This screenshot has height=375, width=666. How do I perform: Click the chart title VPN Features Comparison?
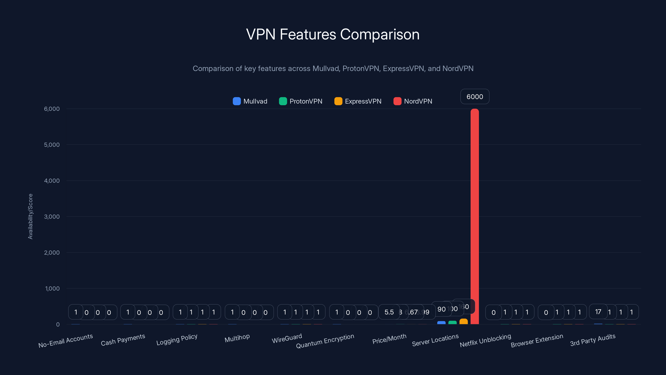[x=333, y=34]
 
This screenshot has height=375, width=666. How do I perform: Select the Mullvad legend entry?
[x=250, y=101]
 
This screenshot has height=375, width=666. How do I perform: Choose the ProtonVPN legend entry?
[x=301, y=101]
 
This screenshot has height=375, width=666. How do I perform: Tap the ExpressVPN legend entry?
[x=358, y=101]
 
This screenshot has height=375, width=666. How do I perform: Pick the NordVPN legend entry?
[x=413, y=101]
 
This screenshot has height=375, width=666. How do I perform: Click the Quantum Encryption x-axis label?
[x=325, y=341]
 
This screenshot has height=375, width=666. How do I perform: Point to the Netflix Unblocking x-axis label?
[x=485, y=340]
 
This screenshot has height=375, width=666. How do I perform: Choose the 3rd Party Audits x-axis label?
[x=593, y=340]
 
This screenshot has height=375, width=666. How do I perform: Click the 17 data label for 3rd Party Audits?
[x=598, y=312]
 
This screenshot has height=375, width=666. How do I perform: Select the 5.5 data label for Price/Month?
[x=389, y=312]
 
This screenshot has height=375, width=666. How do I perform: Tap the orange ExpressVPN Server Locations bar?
[x=463, y=321]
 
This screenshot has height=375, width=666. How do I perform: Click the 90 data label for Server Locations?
[x=441, y=309]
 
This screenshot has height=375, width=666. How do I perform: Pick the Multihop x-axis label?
[x=237, y=338]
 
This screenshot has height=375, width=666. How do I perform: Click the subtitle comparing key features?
[x=333, y=69]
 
